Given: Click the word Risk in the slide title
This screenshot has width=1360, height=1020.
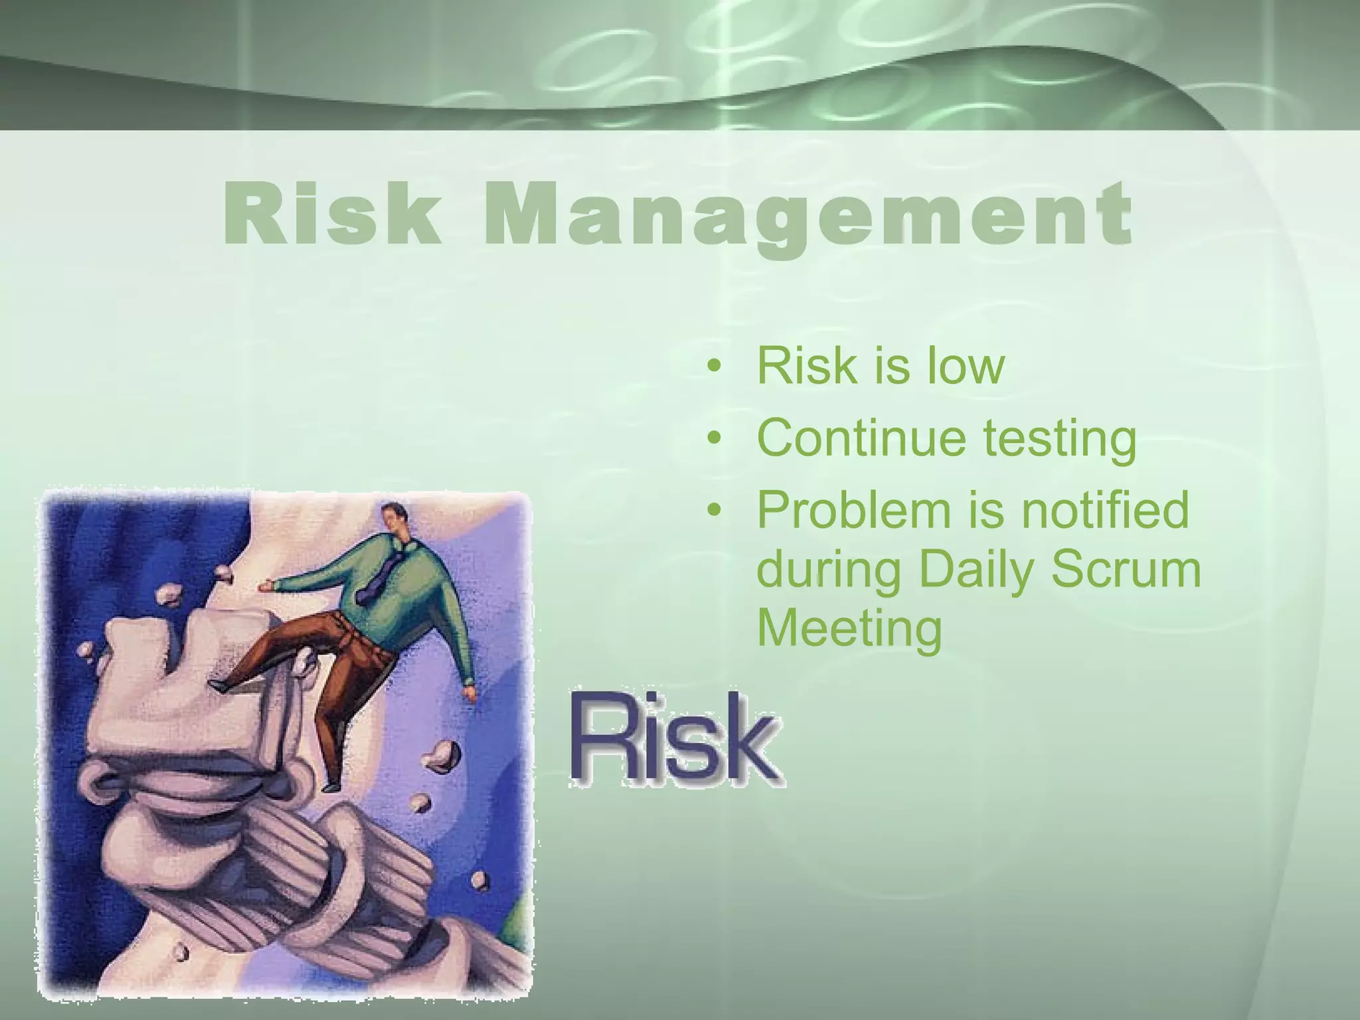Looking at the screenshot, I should [332, 214].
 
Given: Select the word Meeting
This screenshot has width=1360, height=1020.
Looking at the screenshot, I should [850, 630].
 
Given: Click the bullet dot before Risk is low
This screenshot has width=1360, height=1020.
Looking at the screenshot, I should [715, 367].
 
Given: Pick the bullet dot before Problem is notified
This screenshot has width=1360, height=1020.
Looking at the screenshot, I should [715, 510].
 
